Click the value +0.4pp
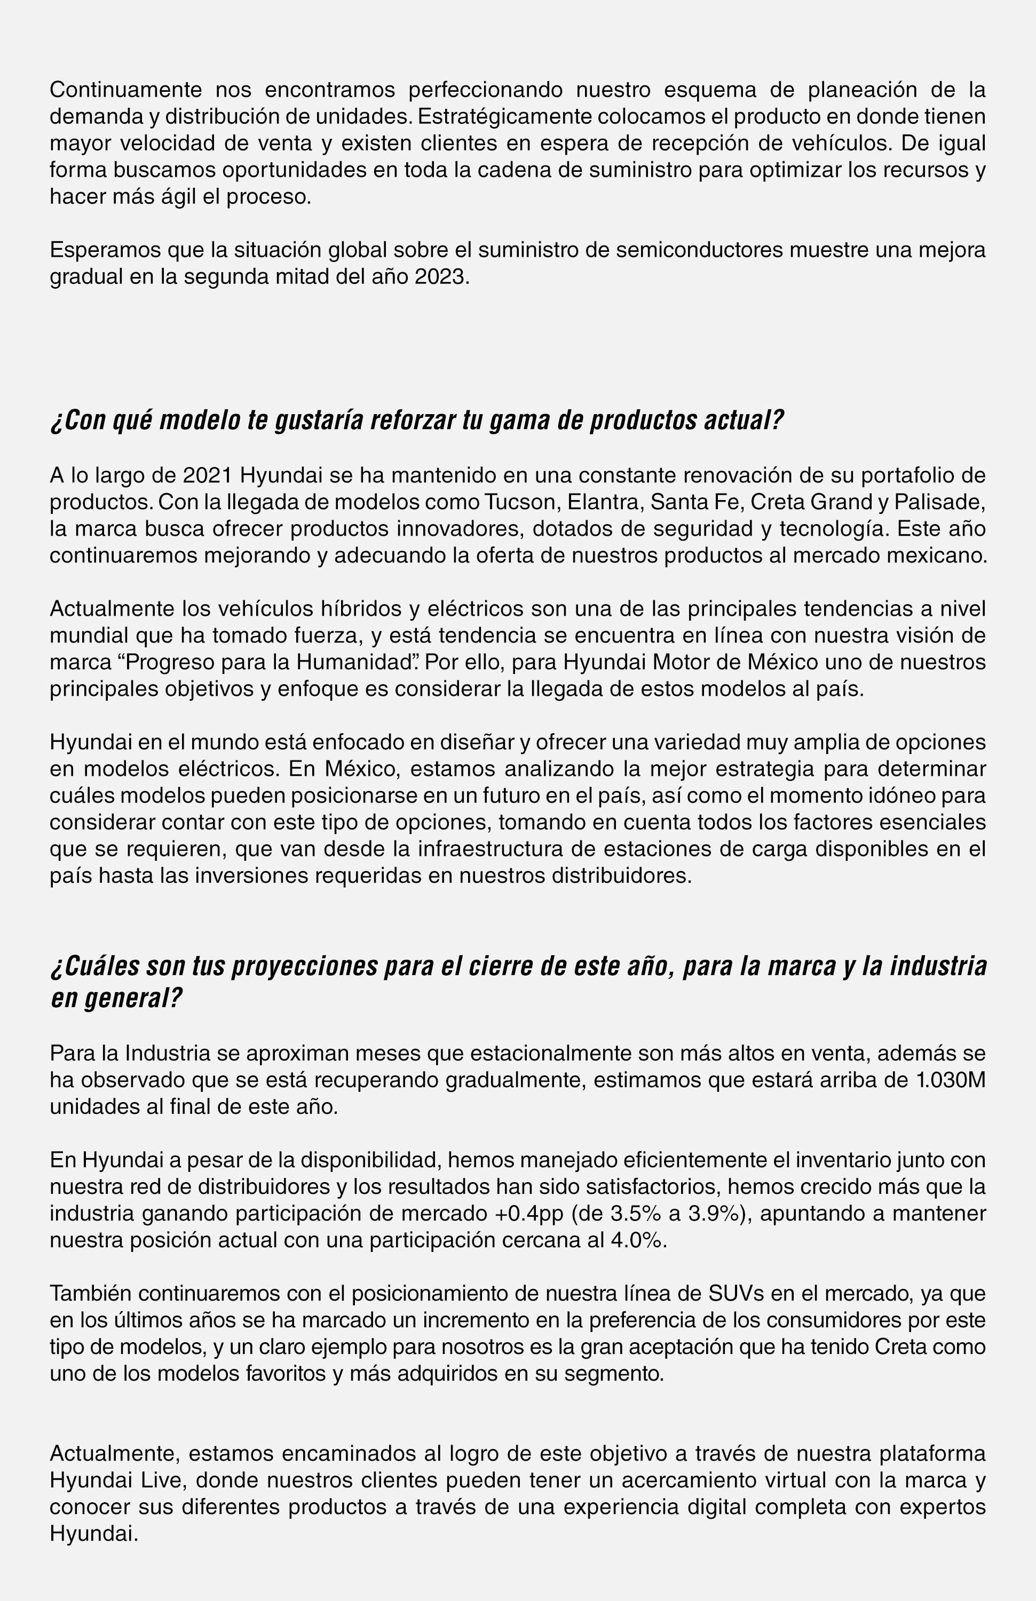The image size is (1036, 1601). point(529,1214)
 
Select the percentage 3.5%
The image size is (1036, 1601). point(636,1214)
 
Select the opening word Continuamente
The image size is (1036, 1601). point(126,90)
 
